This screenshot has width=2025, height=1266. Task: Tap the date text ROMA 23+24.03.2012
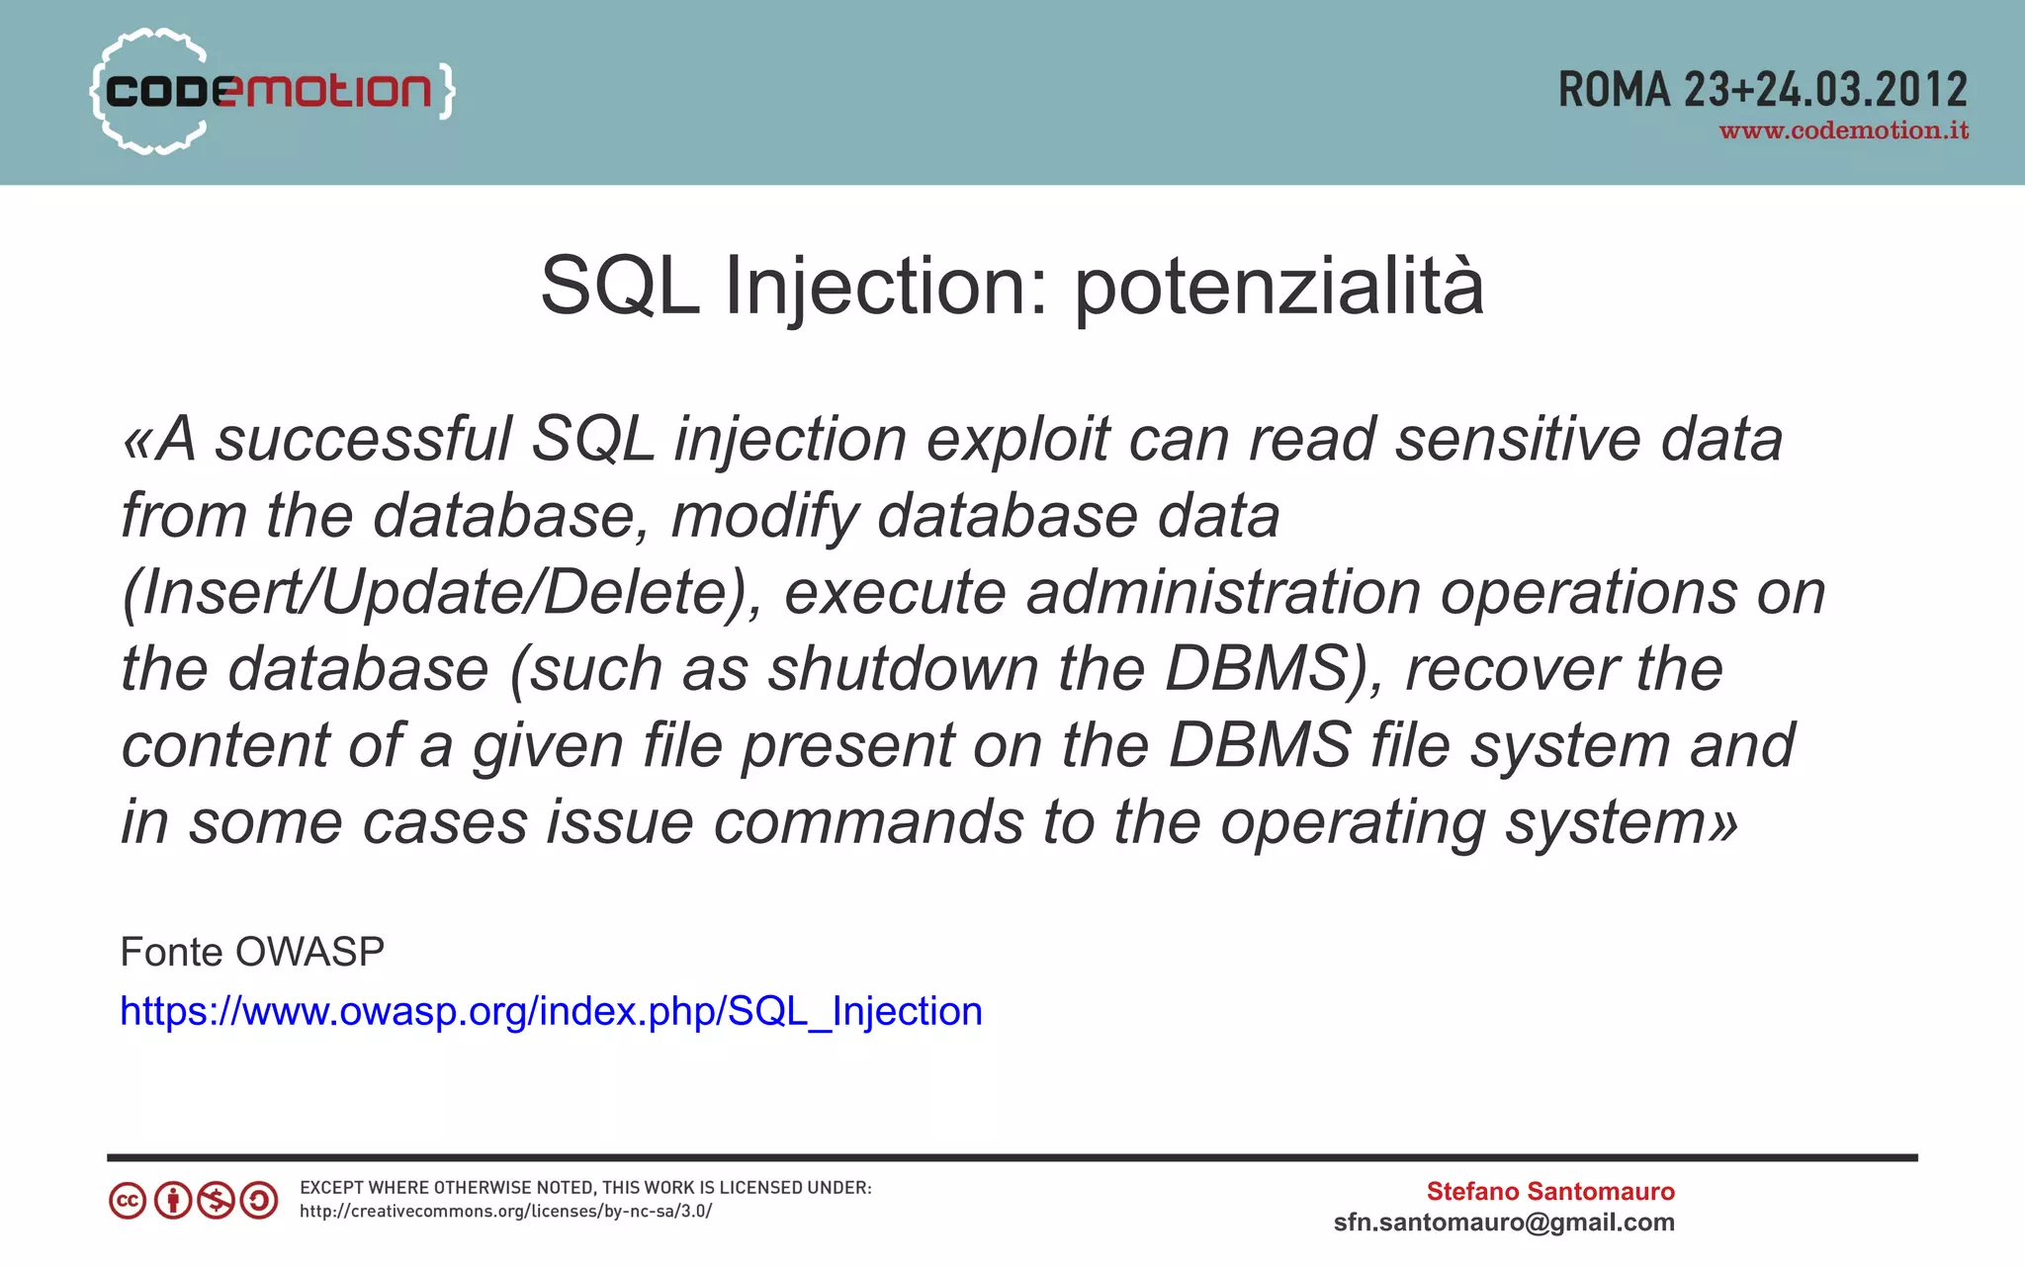click(1762, 90)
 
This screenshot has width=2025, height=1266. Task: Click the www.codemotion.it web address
click(1843, 131)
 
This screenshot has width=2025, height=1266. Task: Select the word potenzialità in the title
click(1278, 287)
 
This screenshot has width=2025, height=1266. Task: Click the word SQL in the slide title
click(620, 287)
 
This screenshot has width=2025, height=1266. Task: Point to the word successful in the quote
click(363, 439)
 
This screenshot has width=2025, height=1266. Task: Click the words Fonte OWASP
click(252, 952)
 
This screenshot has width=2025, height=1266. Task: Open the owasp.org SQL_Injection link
click(551, 1011)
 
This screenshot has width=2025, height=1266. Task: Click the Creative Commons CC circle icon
click(128, 1201)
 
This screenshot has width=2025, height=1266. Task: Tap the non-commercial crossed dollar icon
click(216, 1201)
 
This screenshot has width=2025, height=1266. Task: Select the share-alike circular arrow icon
click(260, 1201)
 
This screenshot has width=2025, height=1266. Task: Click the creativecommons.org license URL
click(505, 1212)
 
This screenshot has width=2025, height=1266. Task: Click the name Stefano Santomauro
click(1549, 1191)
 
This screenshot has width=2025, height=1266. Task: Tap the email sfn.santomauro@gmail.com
click(1504, 1223)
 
